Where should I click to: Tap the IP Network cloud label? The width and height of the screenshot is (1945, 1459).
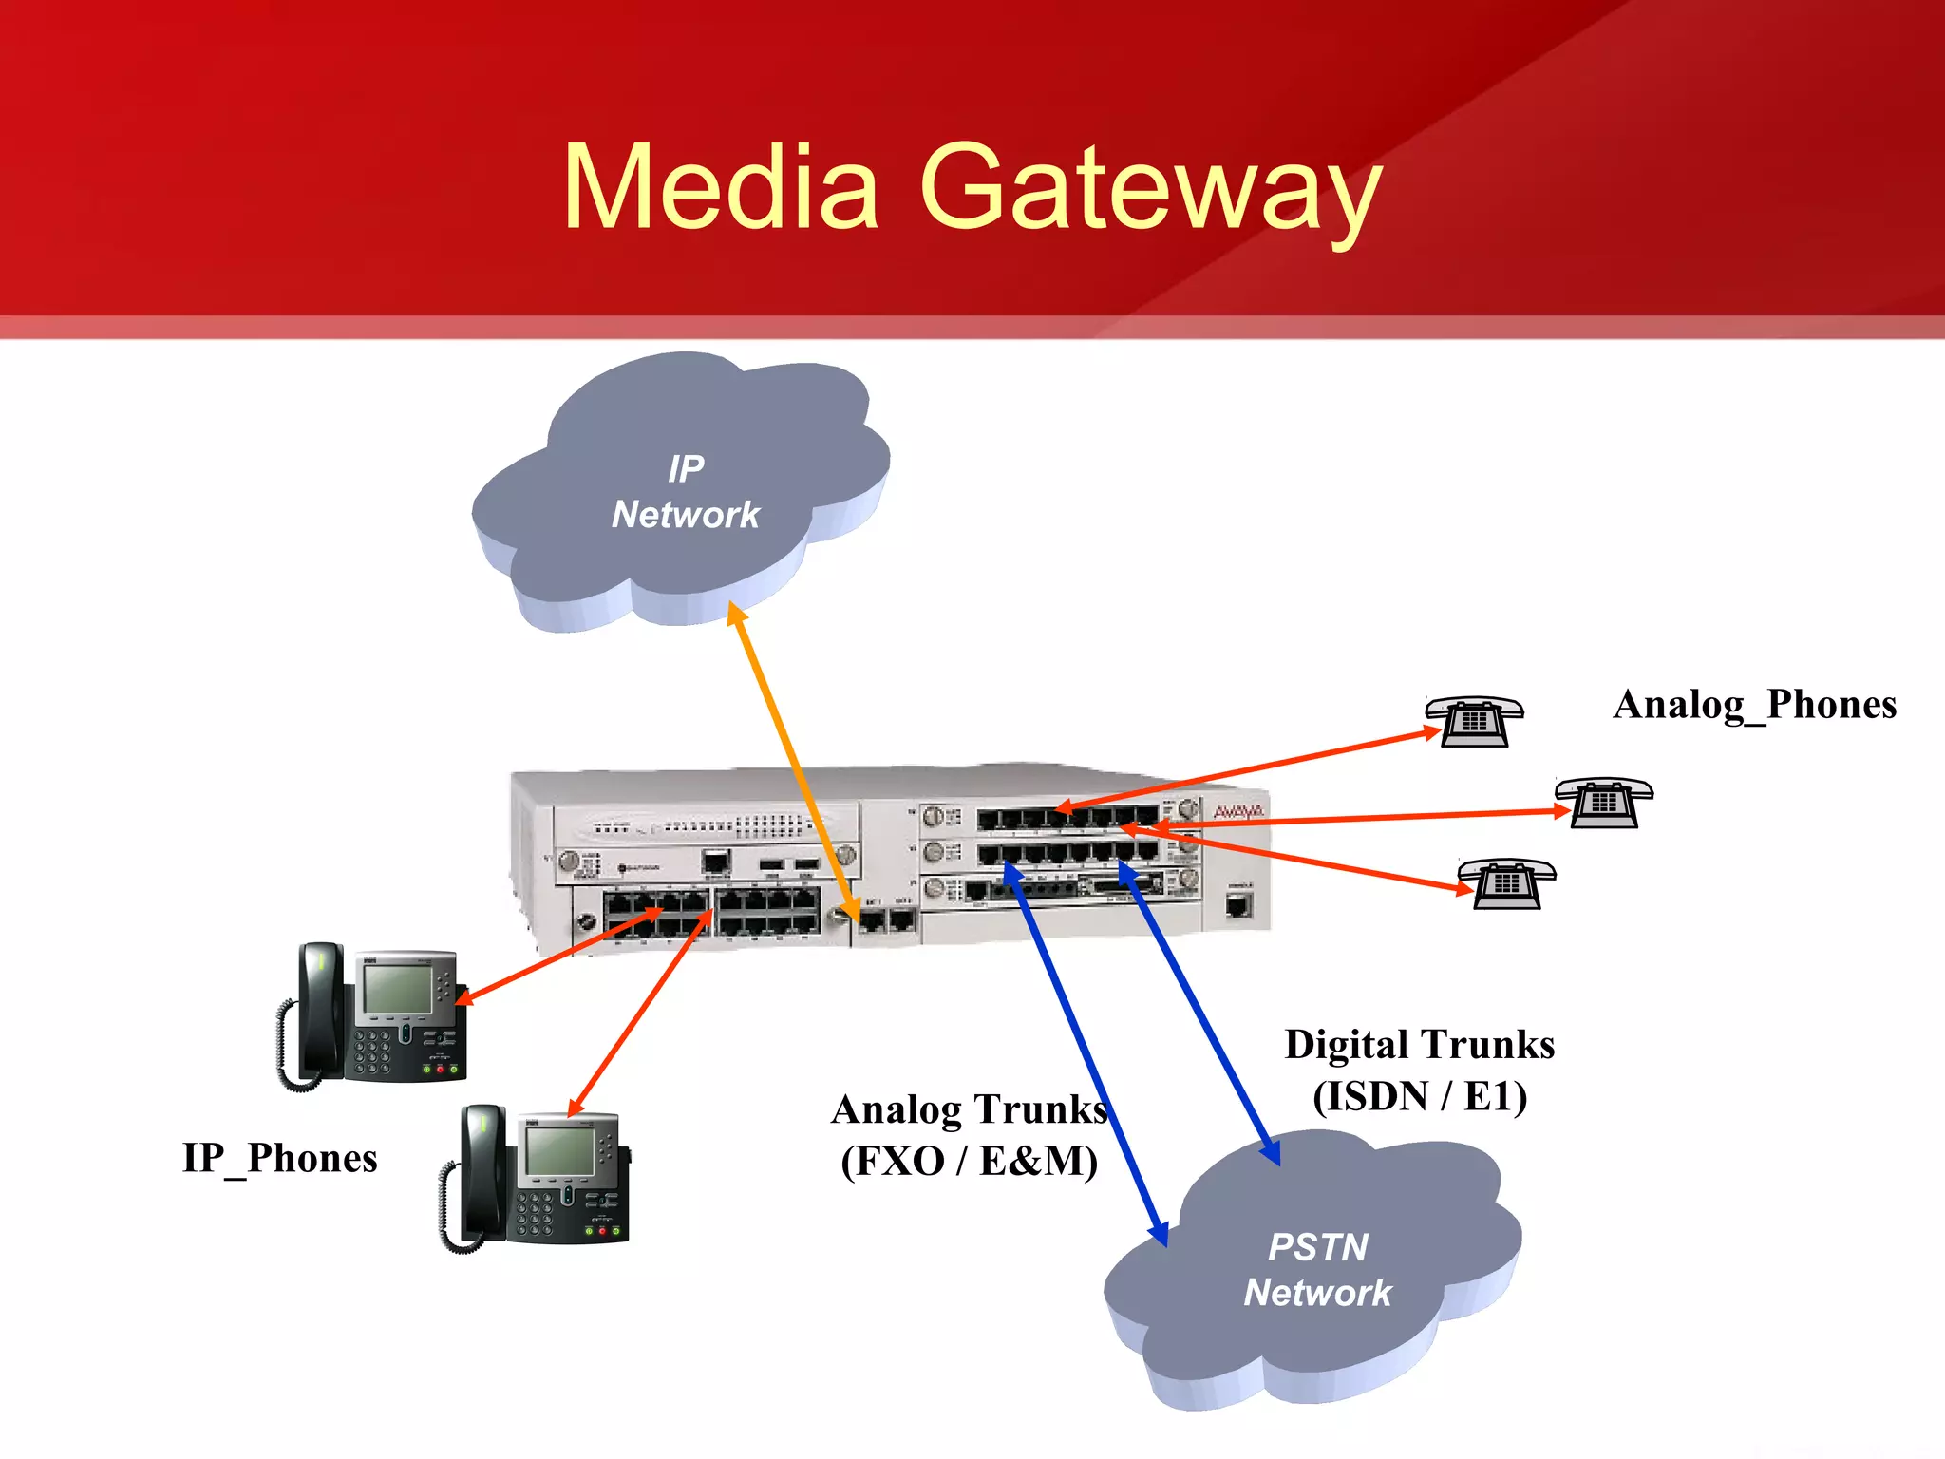(685, 492)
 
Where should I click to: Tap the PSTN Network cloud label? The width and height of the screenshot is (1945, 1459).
(1317, 1270)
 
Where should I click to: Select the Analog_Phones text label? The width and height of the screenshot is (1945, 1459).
(1754, 705)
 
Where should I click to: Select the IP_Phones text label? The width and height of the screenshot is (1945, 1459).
(279, 1158)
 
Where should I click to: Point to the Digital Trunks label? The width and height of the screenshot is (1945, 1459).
(1419, 1044)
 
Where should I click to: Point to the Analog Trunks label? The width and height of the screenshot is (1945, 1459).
(969, 1108)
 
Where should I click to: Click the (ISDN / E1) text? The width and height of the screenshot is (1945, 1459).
(1419, 1096)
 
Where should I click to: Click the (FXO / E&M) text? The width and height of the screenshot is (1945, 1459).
(969, 1161)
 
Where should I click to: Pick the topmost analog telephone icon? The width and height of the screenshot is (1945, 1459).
(1474, 721)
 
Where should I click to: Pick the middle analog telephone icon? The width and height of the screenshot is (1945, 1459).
(1604, 803)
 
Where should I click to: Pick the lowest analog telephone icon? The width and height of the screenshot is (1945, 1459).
(1506, 883)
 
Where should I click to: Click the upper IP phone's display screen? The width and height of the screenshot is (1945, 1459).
(397, 988)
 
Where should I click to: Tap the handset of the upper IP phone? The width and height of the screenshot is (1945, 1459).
(320, 1012)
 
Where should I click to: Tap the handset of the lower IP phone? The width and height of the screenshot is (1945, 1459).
(482, 1173)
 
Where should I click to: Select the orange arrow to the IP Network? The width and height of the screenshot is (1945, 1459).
(793, 760)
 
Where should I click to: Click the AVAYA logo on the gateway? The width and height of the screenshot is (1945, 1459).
(1237, 812)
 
